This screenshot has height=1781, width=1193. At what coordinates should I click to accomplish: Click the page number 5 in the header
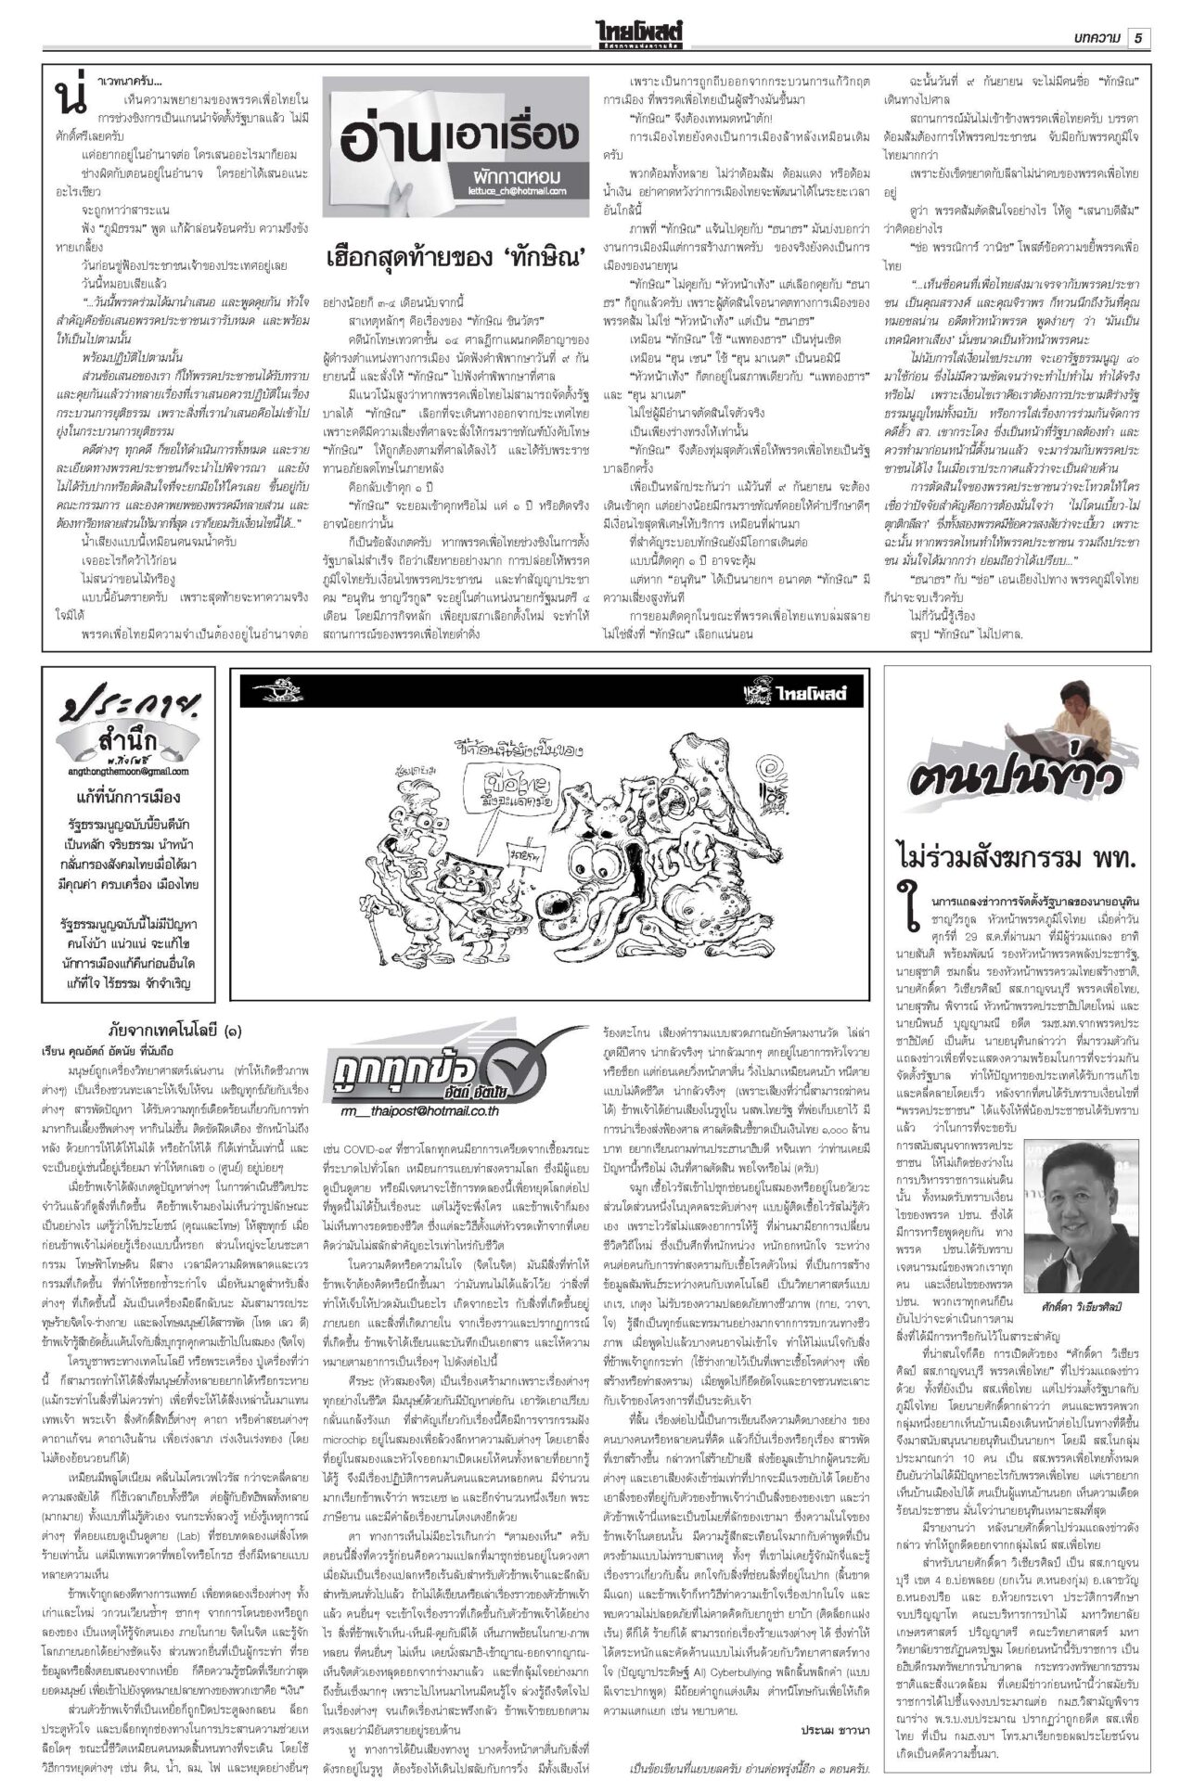point(1138,38)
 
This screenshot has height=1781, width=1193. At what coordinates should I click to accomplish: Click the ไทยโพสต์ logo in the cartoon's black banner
point(802,692)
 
